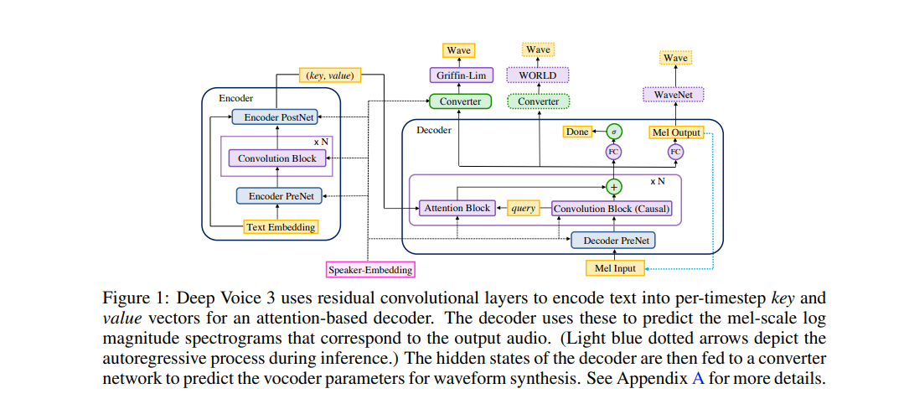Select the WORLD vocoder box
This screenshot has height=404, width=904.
[x=538, y=75]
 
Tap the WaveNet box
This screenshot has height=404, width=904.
[x=674, y=95]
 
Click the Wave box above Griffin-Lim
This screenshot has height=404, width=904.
[x=458, y=50]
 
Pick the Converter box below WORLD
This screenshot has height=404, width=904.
[x=538, y=101]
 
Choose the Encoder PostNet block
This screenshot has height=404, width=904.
[x=274, y=117]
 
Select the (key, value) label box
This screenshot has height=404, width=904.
[x=329, y=75]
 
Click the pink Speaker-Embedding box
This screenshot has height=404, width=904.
[x=371, y=269]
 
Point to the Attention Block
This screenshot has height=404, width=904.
[x=456, y=208]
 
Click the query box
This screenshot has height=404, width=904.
[x=523, y=208]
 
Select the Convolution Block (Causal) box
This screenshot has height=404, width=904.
[x=612, y=208]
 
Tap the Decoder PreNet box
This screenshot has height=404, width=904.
[x=612, y=241]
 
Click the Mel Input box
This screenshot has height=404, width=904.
[x=614, y=268]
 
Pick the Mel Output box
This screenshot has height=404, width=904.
[x=674, y=132]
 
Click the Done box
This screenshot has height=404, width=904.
[x=577, y=132]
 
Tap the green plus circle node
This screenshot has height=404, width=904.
[x=614, y=186]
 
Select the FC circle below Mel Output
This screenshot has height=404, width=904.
[x=675, y=152]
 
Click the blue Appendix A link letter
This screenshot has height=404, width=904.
[x=697, y=378]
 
